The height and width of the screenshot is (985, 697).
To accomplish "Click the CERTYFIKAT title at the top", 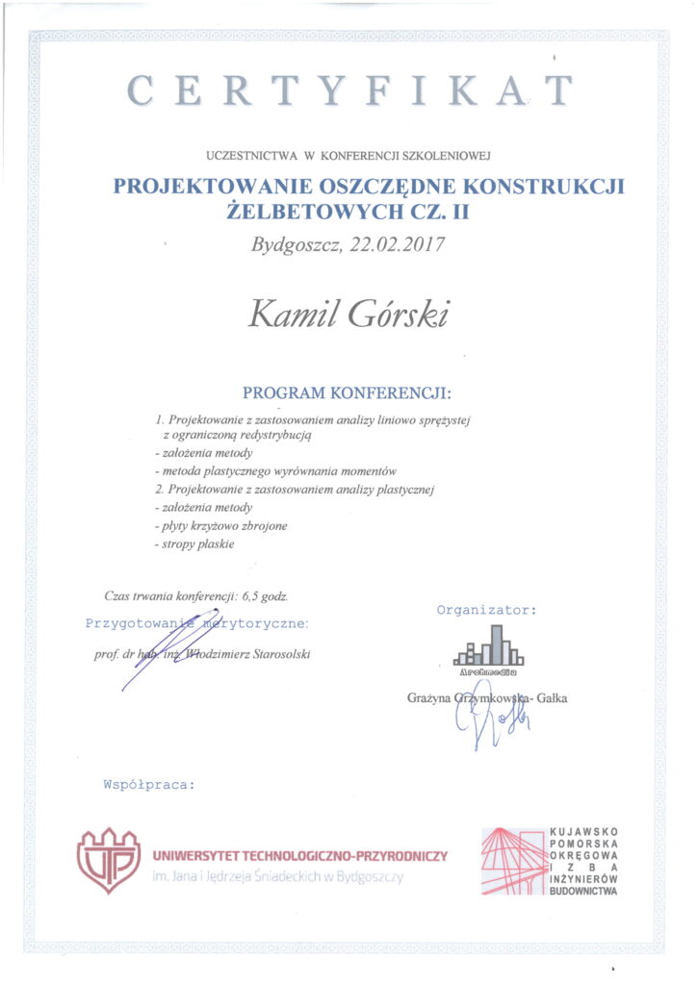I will tap(348, 90).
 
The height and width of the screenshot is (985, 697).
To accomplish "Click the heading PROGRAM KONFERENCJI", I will tap(347, 393).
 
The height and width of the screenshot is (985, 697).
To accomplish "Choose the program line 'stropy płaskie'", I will tap(195, 543).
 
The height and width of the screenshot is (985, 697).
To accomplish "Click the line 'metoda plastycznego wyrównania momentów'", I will tap(276, 471).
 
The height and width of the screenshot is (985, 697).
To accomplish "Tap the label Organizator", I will tap(486, 609).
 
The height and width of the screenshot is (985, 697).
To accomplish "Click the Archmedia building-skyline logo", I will tap(490, 647).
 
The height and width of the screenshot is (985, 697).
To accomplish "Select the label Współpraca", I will tap(148, 784).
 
